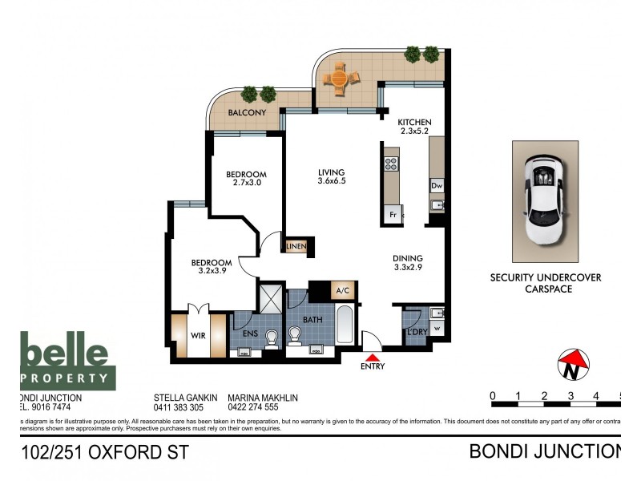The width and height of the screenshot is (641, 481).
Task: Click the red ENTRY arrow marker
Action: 373,357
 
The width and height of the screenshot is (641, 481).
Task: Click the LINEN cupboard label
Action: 296,246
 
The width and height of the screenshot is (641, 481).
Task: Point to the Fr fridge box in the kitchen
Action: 393,215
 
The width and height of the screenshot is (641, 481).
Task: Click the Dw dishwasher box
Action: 437,186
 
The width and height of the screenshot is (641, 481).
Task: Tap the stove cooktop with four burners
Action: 391,164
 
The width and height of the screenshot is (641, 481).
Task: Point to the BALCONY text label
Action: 247,113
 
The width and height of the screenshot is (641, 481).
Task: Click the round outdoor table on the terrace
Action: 338,78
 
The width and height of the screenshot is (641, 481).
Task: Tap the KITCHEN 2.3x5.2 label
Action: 416,127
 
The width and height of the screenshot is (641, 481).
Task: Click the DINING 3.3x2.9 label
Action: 408,264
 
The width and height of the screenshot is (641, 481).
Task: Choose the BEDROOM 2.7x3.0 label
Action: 245,178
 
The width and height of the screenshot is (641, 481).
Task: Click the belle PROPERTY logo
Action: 68,362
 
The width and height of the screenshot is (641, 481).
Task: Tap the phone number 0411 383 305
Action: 179,407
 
